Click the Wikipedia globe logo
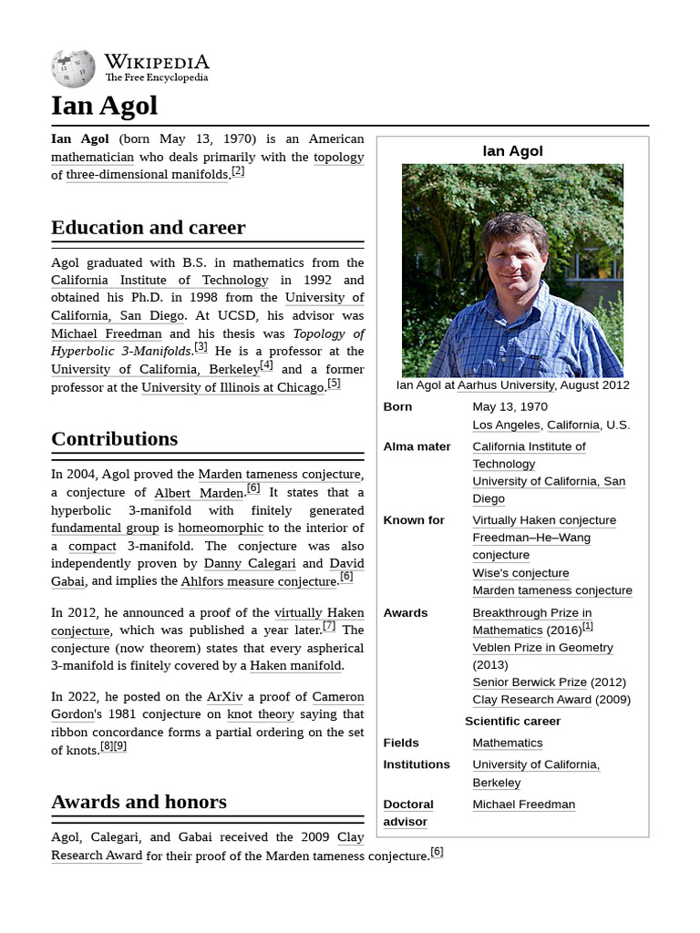pyautogui.click(x=73, y=68)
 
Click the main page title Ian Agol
pyautogui.click(x=104, y=106)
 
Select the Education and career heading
pyautogui.click(x=148, y=228)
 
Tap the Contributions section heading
pyautogui.click(x=114, y=439)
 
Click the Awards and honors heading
pyautogui.click(x=139, y=803)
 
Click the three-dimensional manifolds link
pyautogui.click(x=146, y=175)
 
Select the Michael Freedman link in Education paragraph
pyautogui.click(x=106, y=333)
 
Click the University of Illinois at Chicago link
pyautogui.click(x=232, y=387)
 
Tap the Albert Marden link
pyautogui.click(x=198, y=493)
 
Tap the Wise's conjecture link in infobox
pyautogui.click(x=520, y=573)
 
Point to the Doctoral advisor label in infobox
pyautogui.click(x=407, y=813)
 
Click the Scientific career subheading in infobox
pyautogui.click(x=512, y=721)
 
